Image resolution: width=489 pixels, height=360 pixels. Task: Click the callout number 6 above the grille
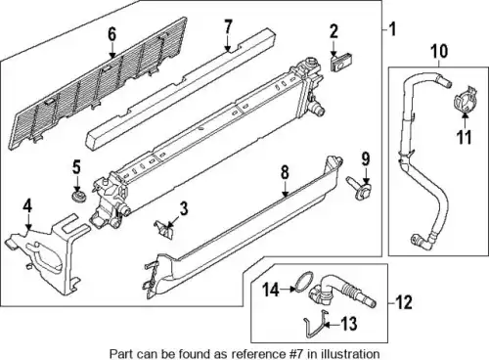111,34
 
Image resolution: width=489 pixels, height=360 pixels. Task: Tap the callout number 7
228,26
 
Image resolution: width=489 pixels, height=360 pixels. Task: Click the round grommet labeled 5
78,197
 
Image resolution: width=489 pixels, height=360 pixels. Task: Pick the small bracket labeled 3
164,229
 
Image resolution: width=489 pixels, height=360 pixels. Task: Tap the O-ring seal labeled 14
302,281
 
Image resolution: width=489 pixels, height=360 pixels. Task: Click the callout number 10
439,52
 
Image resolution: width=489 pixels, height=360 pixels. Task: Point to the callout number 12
404,302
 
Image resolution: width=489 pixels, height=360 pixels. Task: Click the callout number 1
393,28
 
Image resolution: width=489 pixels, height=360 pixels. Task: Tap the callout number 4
27,207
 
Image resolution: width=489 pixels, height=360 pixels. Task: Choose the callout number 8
285,172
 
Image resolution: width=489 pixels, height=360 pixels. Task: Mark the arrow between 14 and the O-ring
288,289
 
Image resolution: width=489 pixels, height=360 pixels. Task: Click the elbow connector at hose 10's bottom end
421,241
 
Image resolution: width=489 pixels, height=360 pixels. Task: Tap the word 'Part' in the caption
119,354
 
